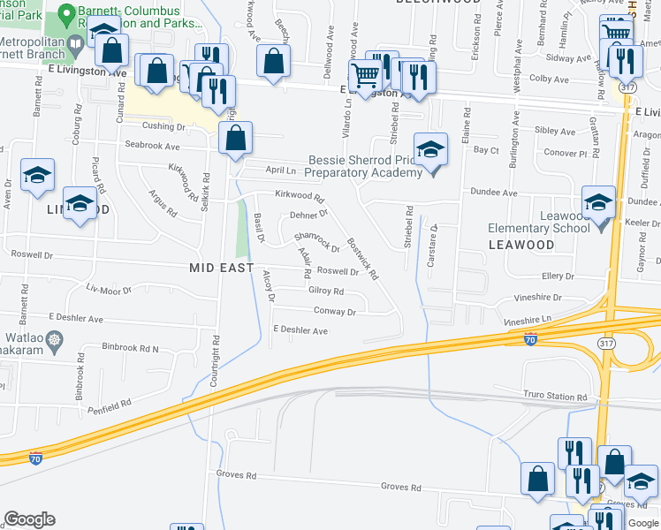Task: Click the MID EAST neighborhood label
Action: coord(221,267)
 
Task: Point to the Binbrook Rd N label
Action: coord(130,348)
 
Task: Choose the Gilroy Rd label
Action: coord(325,291)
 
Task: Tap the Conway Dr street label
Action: coord(335,311)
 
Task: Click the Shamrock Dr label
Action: coord(316,241)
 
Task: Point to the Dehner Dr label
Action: coord(308,214)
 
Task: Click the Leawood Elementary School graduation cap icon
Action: coord(598,202)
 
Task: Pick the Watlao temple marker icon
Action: coord(55,339)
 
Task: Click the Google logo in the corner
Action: coord(29,519)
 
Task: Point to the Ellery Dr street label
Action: coord(558,276)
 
